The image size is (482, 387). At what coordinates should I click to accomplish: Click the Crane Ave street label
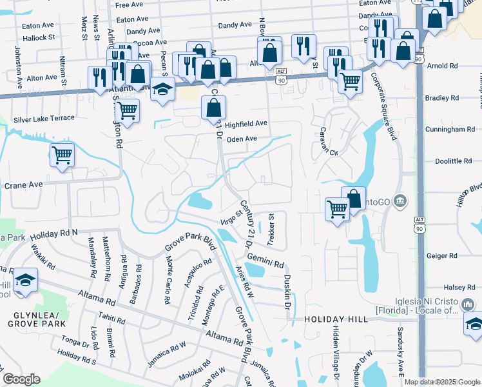(x=23, y=184)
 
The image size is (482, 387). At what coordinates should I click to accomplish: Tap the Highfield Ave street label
(x=245, y=123)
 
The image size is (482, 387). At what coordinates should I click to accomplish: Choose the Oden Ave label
(x=242, y=139)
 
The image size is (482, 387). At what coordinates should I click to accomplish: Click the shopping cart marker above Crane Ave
(x=62, y=155)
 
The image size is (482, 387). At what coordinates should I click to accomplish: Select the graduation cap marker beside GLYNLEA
(x=24, y=280)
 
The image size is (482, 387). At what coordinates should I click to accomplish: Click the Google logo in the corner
(x=21, y=379)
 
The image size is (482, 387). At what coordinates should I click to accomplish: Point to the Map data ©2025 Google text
(x=442, y=382)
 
